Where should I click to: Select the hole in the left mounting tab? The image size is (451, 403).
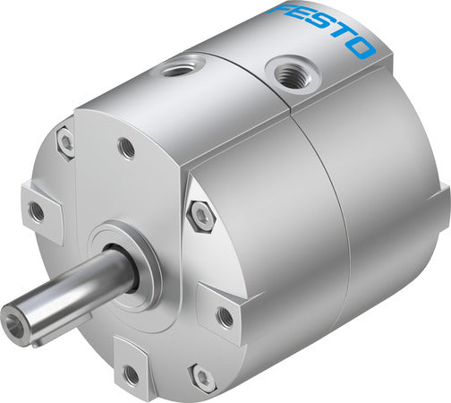click(x=36, y=211)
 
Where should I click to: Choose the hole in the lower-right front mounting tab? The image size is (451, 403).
click(x=225, y=316)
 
